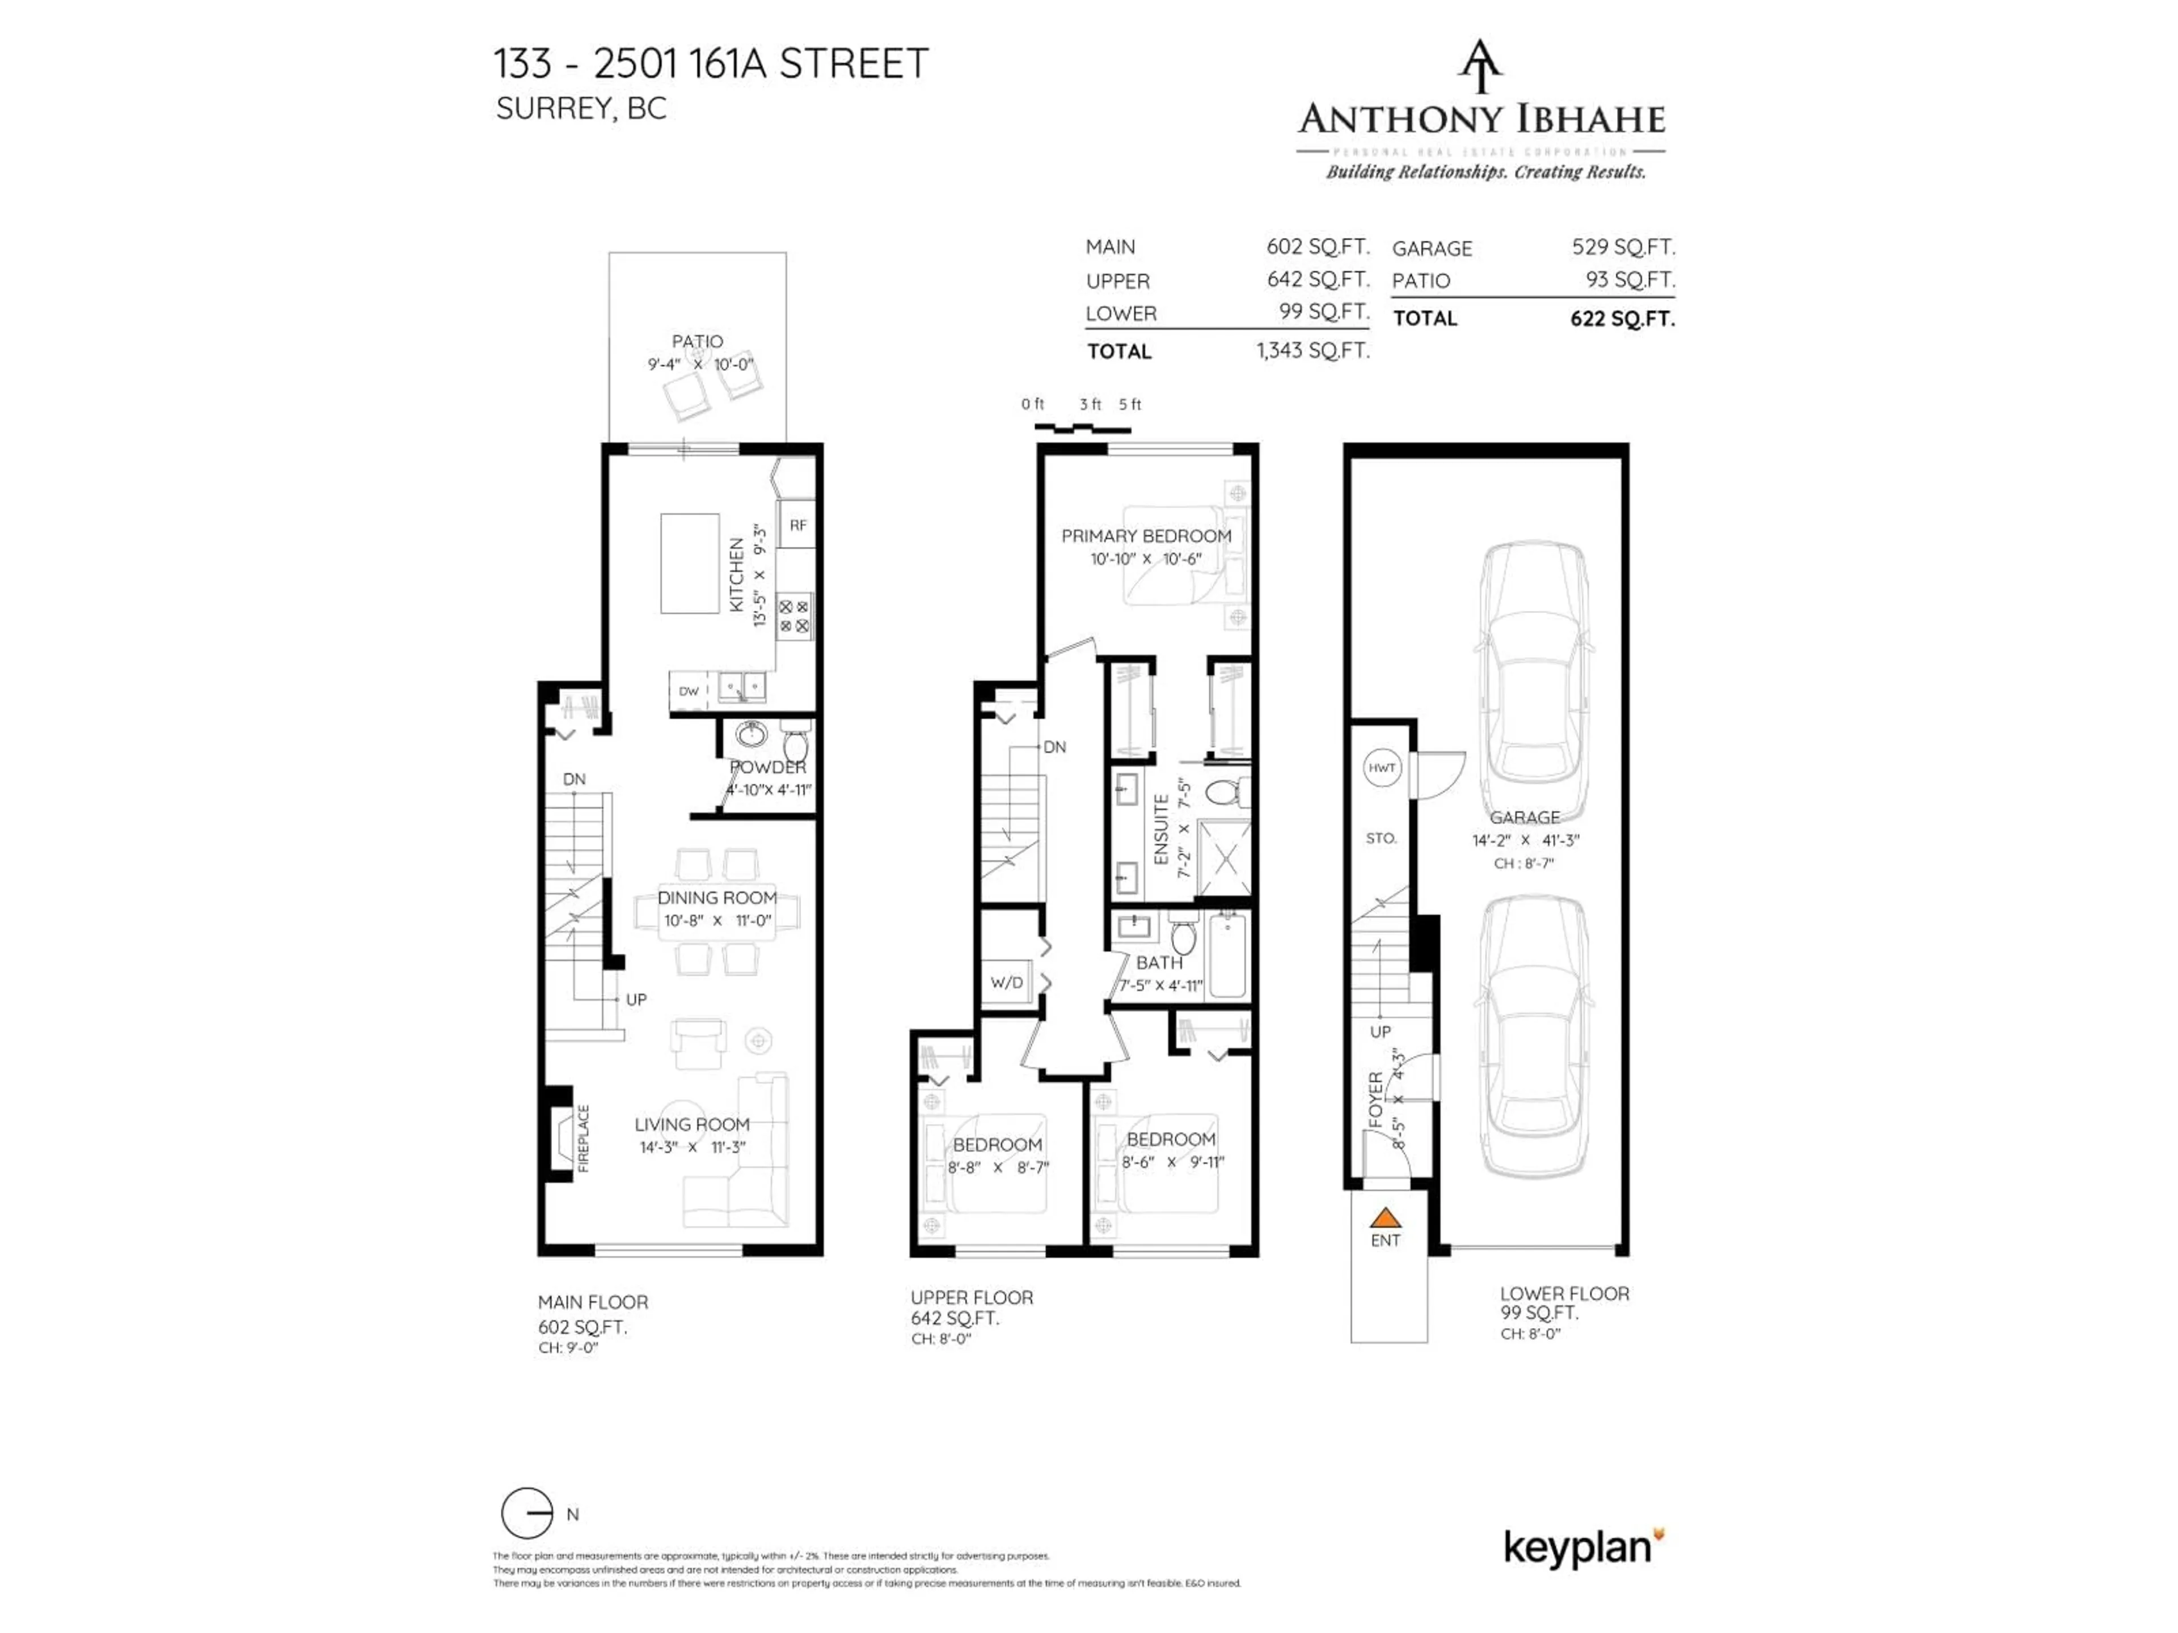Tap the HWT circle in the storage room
(1382, 768)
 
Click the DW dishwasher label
(688, 691)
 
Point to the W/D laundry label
(1006, 983)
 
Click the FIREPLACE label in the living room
(583, 1139)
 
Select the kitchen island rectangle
(689, 563)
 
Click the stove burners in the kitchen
(795, 616)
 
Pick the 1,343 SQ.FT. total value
(1312, 350)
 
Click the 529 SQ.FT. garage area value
(1623, 247)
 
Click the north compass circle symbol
(527, 1513)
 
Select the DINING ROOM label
(717, 898)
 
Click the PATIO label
(697, 341)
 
